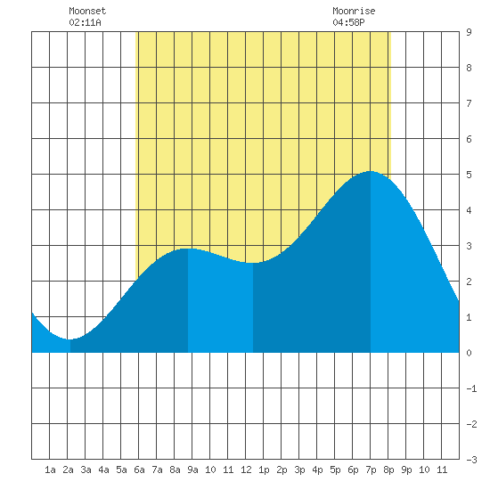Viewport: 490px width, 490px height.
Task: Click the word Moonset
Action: click(87, 12)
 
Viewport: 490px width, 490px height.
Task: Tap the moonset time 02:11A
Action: click(85, 22)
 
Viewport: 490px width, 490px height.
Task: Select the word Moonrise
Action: click(354, 12)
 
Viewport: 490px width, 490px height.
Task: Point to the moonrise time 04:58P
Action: click(348, 22)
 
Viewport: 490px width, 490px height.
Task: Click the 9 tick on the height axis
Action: click(469, 32)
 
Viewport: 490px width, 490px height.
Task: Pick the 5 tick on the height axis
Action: click(469, 175)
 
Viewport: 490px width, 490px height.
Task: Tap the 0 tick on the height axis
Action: click(469, 353)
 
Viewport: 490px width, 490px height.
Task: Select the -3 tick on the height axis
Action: click(471, 460)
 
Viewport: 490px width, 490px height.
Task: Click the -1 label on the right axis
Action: click(471, 388)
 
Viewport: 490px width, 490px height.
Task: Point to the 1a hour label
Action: click(50, 470)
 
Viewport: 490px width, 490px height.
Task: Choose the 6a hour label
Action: click(139, 470)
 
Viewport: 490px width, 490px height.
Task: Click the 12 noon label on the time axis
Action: click(246, 470)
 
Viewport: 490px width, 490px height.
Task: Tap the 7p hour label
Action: click(371, 470)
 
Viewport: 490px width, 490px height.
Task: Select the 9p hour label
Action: click(406, 470)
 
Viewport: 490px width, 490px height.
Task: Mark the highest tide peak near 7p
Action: click(371, 171)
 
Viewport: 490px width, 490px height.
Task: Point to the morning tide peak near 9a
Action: click(188, 249)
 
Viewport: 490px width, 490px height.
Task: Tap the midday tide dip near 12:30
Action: click(253, 263)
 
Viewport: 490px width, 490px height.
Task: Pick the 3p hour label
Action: click(299, 470)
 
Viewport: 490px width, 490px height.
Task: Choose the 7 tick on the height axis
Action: click(469, 103)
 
